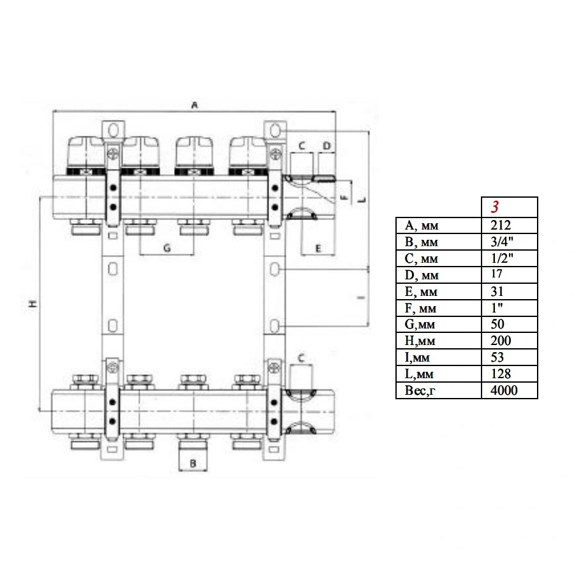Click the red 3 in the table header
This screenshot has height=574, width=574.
coord(494,207)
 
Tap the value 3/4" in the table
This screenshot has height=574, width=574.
coord(502,242)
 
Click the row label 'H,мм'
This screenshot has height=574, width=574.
coord(420,341)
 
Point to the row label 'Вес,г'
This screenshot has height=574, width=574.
coord(420,390)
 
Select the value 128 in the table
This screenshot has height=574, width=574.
coord(501,374)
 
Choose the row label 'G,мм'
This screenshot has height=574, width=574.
coord(420,325)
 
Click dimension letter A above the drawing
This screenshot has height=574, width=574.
coord(195,105)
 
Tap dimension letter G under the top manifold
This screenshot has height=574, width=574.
coord(167,248)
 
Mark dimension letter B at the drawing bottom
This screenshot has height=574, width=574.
coord(193,464)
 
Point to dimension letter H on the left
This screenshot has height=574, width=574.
coord(33,304)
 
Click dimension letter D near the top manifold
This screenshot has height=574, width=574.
coord(327,146)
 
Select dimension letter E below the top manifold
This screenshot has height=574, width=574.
coord(318,249)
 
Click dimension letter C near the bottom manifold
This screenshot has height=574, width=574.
coord(301,358)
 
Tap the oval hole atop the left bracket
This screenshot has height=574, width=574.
coord(114,130)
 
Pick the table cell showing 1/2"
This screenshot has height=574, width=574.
coord(502,258)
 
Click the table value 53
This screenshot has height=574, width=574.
coord(497,357)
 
